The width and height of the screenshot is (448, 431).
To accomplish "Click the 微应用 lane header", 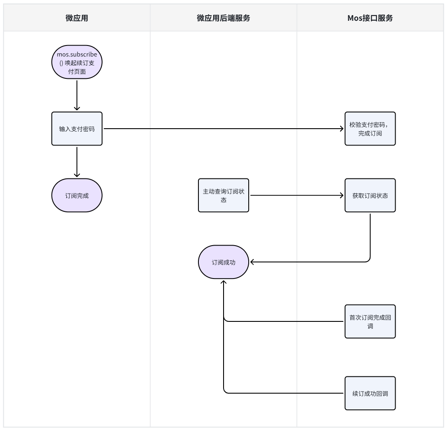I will [x=77, y=18].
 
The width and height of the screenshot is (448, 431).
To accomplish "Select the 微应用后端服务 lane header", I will [x=223, y=18].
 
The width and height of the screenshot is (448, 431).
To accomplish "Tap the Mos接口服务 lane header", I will [x=370, y=18].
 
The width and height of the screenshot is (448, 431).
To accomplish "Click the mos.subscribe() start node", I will [x=77, y=62].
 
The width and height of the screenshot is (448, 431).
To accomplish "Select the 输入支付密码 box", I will [x=77, y=129].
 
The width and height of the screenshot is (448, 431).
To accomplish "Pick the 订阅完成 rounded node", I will [x=77, y=195].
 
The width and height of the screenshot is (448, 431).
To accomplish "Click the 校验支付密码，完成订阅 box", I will [x=370, y=129].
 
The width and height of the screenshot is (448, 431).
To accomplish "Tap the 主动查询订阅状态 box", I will [x=223, y=195].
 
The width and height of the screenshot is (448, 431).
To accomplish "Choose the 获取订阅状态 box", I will [x=370, y=195].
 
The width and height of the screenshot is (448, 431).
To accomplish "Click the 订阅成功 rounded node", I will [x=223, y=262].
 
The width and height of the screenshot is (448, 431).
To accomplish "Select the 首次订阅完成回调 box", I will [x=370, y=321].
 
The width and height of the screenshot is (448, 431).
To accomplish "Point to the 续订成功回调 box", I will [x=370, y=393].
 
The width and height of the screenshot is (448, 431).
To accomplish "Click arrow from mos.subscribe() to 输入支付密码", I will [x=77, y=95].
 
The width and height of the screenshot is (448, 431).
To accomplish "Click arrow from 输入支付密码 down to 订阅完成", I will [x=77, y=162].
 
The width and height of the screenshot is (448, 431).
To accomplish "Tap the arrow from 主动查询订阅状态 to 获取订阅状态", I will [x=297, y=195].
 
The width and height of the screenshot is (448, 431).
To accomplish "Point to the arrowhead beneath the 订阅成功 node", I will [x=224, y=282].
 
